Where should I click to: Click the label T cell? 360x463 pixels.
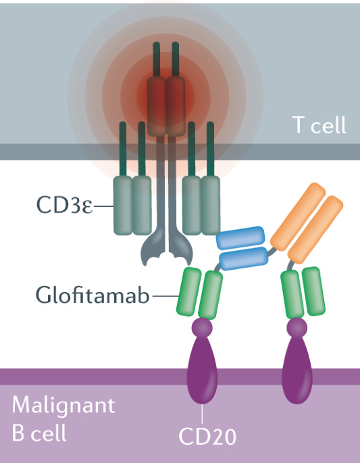(x=319, y=124)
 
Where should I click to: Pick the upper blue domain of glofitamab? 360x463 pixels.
(x=238, y=237)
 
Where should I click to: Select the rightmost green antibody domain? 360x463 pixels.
(x=312, y=291)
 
